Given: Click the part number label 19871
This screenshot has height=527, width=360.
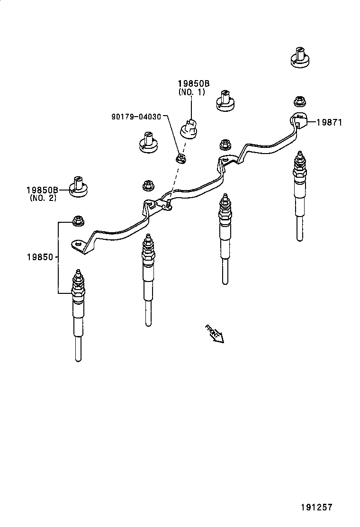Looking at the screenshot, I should [x=329, y=122].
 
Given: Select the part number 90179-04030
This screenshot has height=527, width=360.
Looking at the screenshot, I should [x=137, y=116].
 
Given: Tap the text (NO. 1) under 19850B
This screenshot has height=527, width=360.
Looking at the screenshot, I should [x=192, y=92].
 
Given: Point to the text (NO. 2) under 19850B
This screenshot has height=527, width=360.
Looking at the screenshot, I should [x=43, y=198].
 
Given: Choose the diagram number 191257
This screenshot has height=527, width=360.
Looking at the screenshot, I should [x=316, y=507].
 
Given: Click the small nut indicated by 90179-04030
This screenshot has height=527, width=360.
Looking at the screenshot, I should [x=180, y=158].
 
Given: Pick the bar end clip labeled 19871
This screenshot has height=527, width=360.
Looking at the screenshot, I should [x=299, y=120].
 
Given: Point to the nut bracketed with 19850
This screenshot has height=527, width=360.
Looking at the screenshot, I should [x=78, y=220].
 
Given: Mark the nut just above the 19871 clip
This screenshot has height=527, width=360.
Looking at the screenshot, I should [x=298, y=101].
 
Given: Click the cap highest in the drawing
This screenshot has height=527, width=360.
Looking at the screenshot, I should [x=299, y=58].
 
